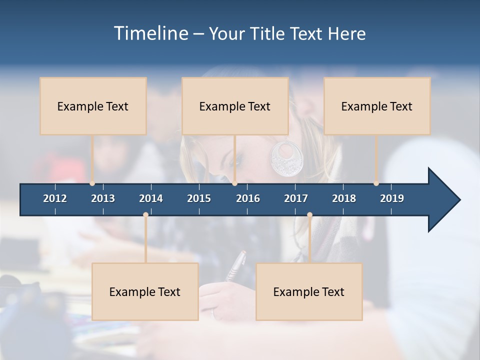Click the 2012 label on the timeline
click(x=55, y=198)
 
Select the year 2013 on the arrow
click(x=103, y=198)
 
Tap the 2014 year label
click(x=151, y=198)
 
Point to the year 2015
click(x=199, y=198)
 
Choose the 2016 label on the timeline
click(x=248, y=198)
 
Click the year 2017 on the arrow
click(x=296, y=198)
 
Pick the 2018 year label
click(x=344, y=198)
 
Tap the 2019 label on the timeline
click(x=392, y=198)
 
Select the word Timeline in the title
click(x=151, y=33)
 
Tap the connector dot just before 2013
click(x=92, y=183)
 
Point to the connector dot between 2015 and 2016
click(x=234, y=183)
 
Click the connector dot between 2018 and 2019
click(x=376, y=183)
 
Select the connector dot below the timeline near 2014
click(x=145, y=215)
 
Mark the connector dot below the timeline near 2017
click(x=309, y=215)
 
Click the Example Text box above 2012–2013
click(x=93, y=106)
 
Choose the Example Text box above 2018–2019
click(x=377, y=106)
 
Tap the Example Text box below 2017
click(x=309, y=291)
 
